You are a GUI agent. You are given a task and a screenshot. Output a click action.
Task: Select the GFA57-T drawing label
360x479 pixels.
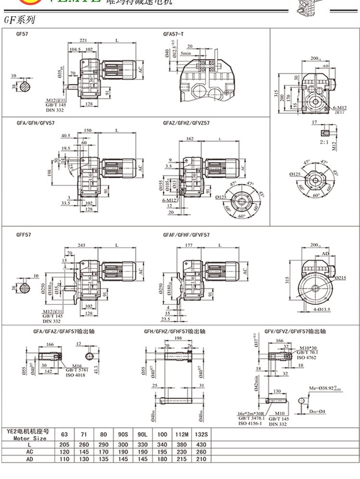174,35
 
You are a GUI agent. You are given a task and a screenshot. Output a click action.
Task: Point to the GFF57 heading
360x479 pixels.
24,234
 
